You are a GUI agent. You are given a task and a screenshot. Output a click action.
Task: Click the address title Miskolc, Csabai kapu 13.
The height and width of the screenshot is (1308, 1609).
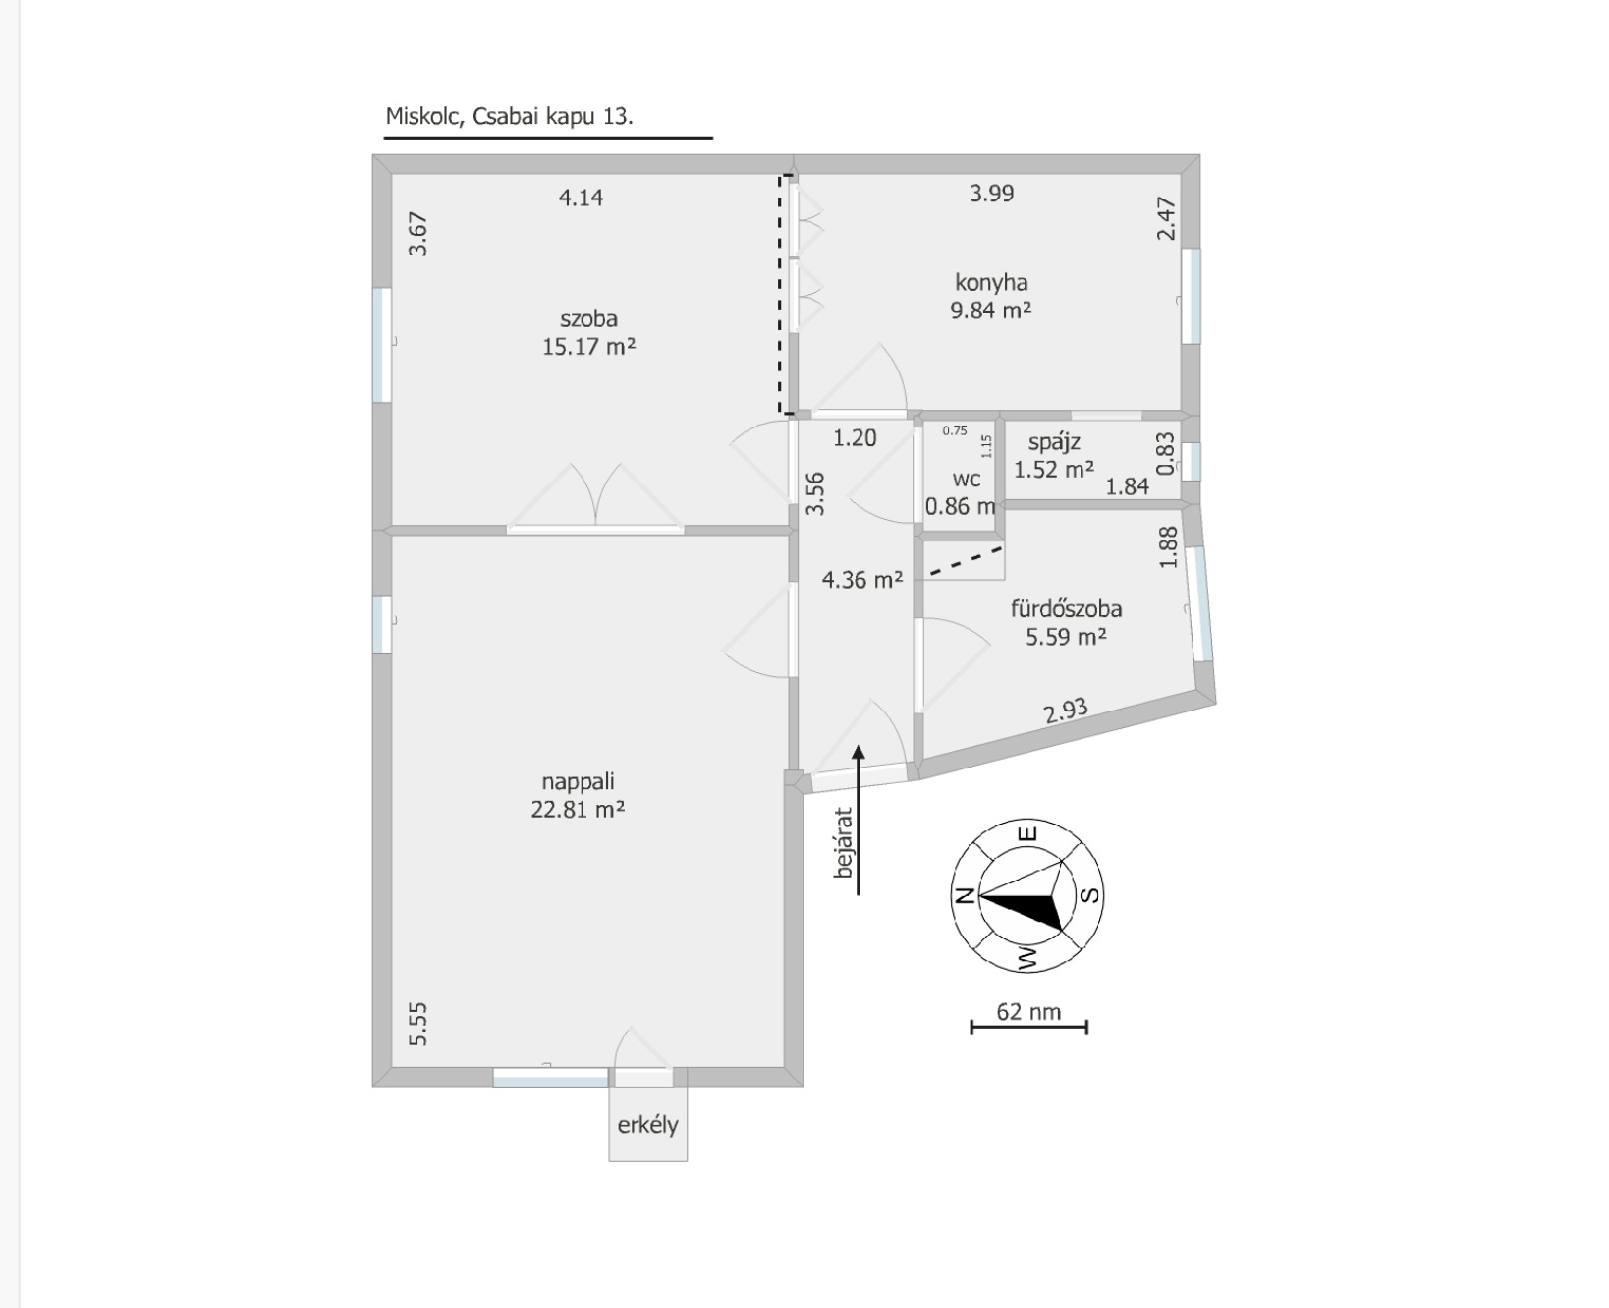509,116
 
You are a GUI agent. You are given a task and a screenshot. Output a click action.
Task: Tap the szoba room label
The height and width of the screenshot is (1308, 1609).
588,318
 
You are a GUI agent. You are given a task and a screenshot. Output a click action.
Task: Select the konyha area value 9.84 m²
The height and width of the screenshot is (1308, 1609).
990,311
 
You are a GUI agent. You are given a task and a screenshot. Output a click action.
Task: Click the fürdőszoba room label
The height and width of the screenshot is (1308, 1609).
1066,608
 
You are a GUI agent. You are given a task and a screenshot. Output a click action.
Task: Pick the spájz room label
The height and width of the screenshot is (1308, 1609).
1054,443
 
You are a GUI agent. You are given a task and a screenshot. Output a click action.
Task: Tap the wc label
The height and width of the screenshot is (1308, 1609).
967,480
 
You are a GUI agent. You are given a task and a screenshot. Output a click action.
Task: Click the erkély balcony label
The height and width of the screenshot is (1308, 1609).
647,1125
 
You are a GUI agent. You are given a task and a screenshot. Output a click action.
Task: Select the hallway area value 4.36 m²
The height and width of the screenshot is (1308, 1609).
862,580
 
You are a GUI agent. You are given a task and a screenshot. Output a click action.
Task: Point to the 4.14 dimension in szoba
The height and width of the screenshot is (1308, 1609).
581,198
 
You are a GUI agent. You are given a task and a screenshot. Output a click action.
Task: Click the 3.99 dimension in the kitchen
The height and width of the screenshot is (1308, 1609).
991,194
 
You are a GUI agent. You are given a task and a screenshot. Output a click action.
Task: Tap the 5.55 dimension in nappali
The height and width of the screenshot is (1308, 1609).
417,1023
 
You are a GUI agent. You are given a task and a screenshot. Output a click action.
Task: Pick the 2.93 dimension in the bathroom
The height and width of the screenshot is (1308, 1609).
1066,710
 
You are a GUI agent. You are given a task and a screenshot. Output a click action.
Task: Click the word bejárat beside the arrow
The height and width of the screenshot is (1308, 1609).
843,843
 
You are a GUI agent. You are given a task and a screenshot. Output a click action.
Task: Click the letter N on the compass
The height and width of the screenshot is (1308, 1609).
965,894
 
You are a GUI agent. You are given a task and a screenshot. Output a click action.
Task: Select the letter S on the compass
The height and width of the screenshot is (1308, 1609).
1090,894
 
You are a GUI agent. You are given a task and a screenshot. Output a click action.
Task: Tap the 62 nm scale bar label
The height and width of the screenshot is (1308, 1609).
1028,1011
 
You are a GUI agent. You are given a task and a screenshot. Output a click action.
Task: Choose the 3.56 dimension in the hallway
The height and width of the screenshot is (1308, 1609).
815,494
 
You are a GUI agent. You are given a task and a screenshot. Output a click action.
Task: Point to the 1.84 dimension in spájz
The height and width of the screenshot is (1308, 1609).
1127,486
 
